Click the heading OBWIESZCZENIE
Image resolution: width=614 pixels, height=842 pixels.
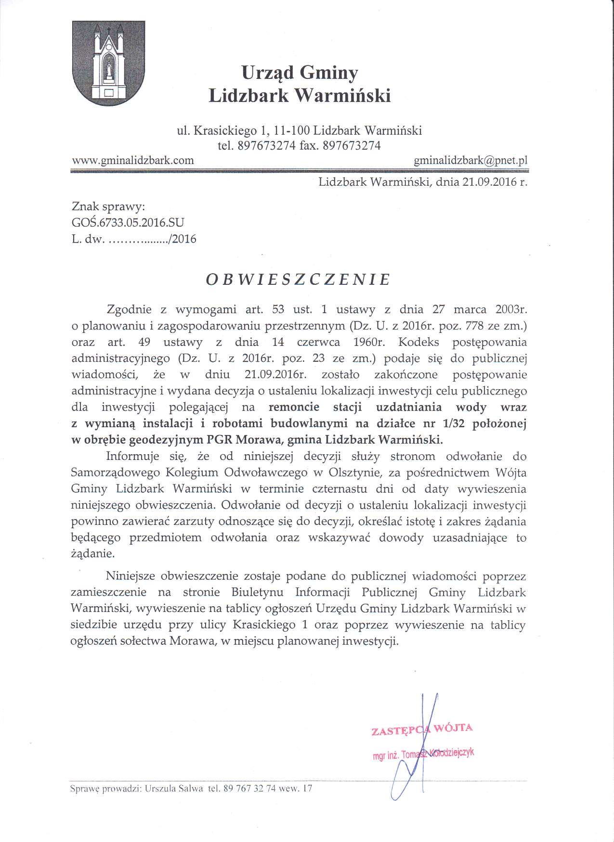point(298,280)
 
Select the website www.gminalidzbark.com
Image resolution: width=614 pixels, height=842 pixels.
point(133,161)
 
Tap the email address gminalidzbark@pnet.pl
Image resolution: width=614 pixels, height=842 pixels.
point(470,161)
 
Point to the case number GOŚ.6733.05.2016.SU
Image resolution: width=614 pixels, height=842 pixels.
point(128,223)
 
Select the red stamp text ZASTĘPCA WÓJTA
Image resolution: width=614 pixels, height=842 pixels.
point(422,729)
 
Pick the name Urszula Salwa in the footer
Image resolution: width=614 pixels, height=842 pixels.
point(174,789)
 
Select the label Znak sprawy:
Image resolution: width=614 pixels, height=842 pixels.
point(108,207)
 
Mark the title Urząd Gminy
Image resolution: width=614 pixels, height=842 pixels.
point(300,73)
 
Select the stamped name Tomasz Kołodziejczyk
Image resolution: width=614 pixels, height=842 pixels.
point(438,754)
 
